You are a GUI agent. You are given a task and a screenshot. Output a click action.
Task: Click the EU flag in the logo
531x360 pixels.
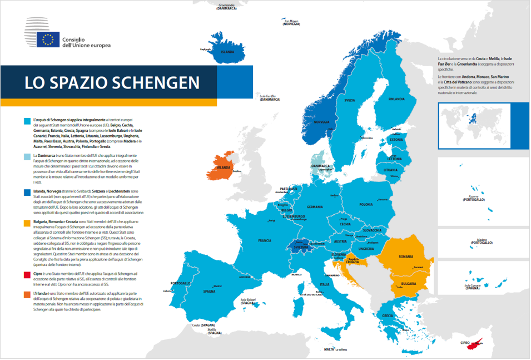point(48,40)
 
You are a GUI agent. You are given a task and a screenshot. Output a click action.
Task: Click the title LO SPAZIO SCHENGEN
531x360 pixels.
point(112,82)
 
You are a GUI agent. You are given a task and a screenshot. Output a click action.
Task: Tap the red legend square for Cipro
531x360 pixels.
point(27,274)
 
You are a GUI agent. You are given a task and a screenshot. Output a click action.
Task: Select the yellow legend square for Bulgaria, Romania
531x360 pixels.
point(27,222)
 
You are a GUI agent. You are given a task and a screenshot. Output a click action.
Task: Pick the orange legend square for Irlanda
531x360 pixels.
point(27,293)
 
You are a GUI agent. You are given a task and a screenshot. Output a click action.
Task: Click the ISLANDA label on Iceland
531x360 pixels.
point(227,52)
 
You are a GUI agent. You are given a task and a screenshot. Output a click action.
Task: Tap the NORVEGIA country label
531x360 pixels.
point(321,122)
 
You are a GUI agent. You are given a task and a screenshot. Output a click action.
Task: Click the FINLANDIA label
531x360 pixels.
point(396,100)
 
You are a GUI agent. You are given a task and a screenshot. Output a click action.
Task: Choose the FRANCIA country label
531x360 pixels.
point(265,241)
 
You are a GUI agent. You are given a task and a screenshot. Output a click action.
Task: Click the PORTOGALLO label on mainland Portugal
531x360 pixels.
point(181,283)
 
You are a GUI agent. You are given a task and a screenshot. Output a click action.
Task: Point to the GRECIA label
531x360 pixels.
point(388,315)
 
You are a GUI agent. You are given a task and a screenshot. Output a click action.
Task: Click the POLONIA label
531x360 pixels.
point(366,205)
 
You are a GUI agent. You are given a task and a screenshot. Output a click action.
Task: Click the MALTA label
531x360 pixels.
point(329,349)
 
